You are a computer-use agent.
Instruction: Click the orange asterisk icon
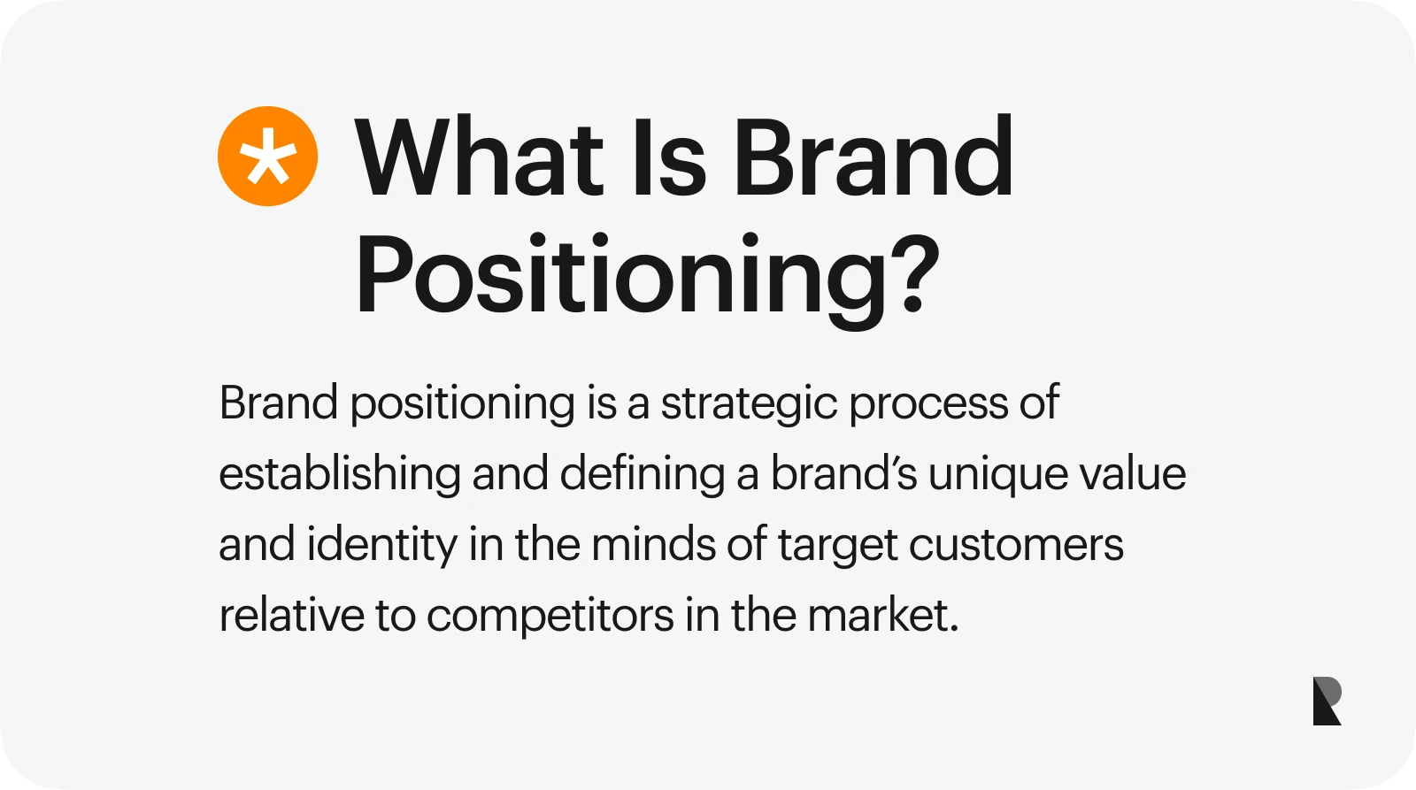[267, 157]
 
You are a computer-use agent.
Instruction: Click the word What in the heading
[479, 158]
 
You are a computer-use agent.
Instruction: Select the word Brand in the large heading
[873, 158]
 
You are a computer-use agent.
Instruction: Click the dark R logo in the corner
[1327, 701]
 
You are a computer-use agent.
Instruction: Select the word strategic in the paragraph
[749, 404]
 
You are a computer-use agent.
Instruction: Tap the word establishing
[339, 475]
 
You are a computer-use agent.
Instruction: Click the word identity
[381, 546]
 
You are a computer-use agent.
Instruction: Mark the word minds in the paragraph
[653, 544]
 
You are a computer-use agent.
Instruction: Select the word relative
[291, 615]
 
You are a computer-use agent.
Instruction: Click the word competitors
[550, 617]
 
